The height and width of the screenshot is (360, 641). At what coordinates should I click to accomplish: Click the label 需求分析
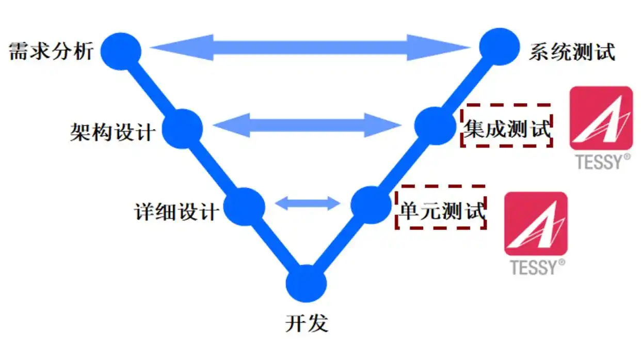tap(51, 52)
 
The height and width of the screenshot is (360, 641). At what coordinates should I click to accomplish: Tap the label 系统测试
tap(572, 52)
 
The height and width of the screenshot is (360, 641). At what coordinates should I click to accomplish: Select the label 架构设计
tap(113, 132)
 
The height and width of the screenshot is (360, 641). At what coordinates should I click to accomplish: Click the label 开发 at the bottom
tap(307, 324)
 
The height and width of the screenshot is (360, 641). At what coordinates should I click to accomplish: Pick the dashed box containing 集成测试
tap(506, 126)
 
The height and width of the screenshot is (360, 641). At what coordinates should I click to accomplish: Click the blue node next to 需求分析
tap(120, 51)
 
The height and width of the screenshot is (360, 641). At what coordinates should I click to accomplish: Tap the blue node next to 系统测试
tap(499, 46)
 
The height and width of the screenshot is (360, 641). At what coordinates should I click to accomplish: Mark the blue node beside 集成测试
tap(436, 126)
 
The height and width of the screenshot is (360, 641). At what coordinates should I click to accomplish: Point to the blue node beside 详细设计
tap(245, 207)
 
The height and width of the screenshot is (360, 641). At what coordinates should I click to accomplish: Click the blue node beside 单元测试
tap(371, 205)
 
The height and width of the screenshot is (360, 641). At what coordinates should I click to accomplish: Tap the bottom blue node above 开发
tap(307, 284)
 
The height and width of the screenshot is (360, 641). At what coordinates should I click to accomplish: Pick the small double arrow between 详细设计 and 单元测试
tap(308, 204)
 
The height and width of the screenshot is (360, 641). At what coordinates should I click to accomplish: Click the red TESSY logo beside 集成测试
tap(601, 118)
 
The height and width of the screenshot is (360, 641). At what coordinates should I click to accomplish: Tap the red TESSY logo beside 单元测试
tap(535, 224)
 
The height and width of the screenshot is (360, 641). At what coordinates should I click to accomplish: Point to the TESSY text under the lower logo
tap(534, 267)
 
